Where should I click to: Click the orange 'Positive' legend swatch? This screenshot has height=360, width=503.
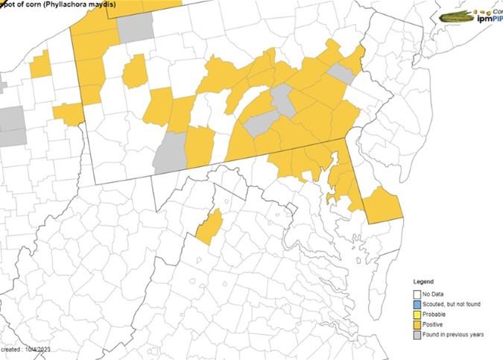pyautogui.click(x=417, y=324)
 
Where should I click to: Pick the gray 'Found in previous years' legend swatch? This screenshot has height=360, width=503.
pyautogui.click(x=417, y=335)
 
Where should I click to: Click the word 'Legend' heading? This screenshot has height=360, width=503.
pyautogui.click(x=424, y=281)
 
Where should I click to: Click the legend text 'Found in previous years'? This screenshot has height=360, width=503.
pyautogui.click(x=455, y=335)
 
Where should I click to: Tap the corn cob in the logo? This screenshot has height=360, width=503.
pyautogui.click(x=457, y=16)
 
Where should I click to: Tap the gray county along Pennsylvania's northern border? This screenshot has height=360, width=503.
pyautogui.click(x=135, y=28)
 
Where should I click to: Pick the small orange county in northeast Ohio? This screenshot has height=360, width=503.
pyautogui.click(x=41, y=64)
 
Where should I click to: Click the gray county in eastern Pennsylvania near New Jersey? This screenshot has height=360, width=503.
pyautogui.click(x=341, y=73)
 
